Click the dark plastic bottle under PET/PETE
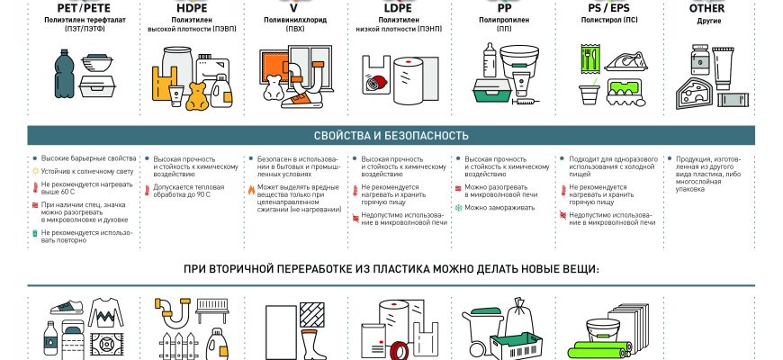click(58, 81)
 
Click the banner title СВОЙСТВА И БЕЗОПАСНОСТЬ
click(391, 136)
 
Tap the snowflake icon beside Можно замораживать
click(457, 208)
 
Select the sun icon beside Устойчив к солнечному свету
click(34, 170)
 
